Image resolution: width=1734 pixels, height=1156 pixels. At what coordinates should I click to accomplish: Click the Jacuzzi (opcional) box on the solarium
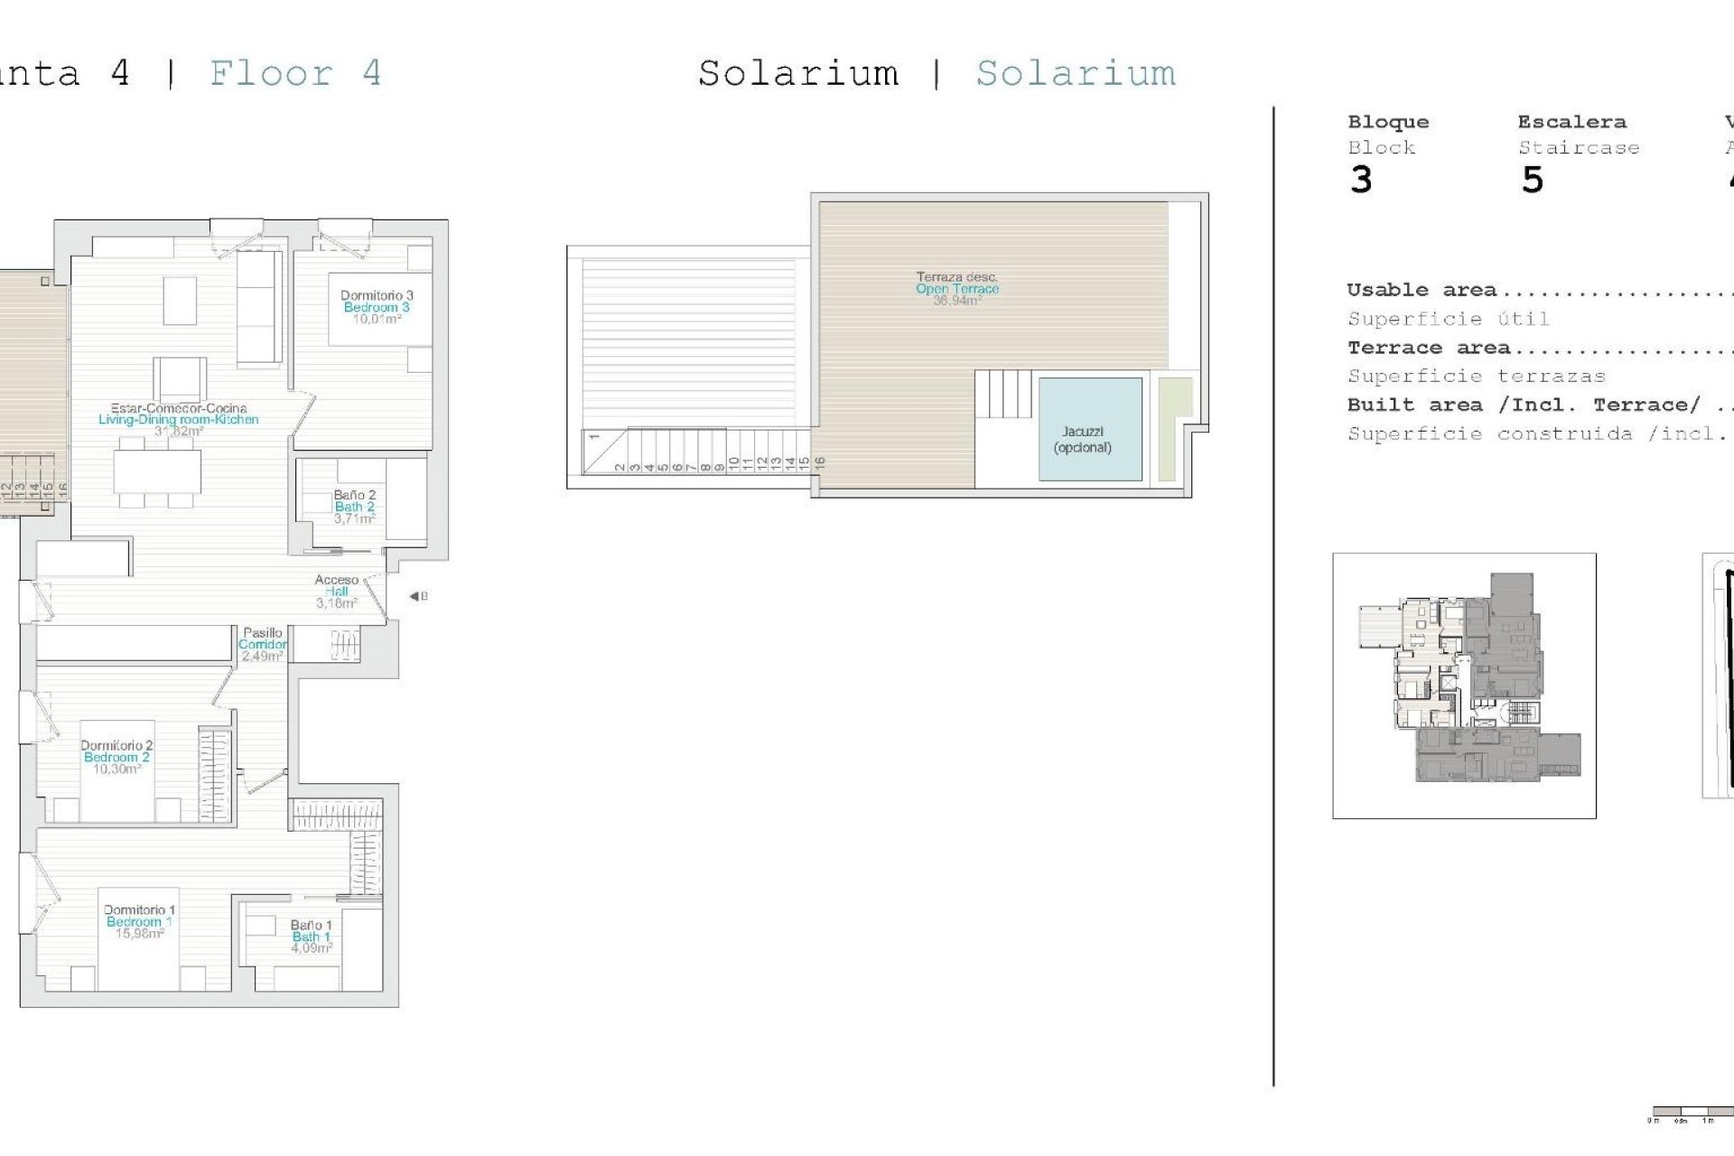(1090, 430)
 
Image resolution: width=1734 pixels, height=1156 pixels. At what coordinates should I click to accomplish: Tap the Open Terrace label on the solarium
(957, 289)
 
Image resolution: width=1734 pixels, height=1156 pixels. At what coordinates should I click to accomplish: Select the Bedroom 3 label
(377, 307)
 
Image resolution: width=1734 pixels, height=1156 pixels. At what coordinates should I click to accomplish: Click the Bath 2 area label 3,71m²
(354, 518)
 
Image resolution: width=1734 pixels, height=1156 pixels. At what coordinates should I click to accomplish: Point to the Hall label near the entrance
(337, 592)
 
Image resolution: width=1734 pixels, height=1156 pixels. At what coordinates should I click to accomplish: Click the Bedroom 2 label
(117, 757)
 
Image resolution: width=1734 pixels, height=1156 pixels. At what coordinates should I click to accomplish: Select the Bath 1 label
(311, 937)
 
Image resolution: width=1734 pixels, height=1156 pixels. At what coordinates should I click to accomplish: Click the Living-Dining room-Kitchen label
(179, 419)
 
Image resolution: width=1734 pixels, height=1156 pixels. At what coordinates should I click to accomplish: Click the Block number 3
(1361, 181)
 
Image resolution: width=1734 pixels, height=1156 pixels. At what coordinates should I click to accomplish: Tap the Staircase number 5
(1533, 181)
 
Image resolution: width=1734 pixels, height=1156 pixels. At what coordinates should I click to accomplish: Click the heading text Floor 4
(295, 73)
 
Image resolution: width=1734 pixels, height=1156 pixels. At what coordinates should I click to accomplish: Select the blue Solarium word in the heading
(1076, 73)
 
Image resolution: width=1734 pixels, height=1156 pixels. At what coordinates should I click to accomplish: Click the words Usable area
(1422, 290)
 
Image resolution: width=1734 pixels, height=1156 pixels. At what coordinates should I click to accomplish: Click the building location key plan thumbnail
(1464, 685)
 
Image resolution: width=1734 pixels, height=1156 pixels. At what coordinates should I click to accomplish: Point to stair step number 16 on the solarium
(820, 461)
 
